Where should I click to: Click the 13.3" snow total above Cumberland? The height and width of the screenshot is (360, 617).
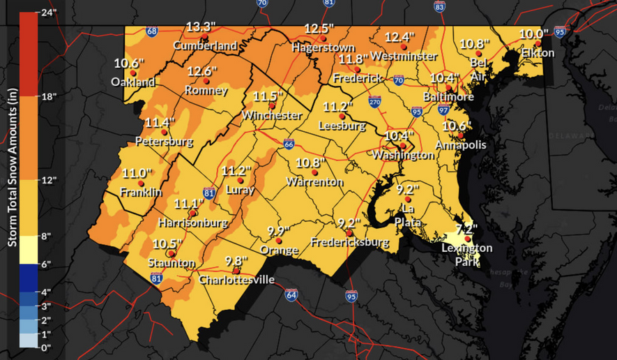(x=201, y=27)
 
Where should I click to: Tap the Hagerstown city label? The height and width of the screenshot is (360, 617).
(x=323, y=47)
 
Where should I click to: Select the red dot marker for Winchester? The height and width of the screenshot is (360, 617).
(x=263, y=105)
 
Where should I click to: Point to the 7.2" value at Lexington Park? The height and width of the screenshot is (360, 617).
(x=466, y=229)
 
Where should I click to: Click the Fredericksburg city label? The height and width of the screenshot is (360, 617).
(x=349, y=243)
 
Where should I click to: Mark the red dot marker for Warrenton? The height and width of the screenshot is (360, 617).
(x=314, y=172)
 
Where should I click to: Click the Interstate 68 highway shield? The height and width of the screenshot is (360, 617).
(x=152, y=31)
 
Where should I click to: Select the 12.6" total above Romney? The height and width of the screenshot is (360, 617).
(x=202, y=71)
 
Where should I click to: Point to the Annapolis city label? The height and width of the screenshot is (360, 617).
(x=460, y=145)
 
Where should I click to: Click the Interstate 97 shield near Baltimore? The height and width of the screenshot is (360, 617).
(x=444, y=110)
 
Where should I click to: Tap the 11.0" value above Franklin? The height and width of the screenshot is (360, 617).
(x=137, y=174)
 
